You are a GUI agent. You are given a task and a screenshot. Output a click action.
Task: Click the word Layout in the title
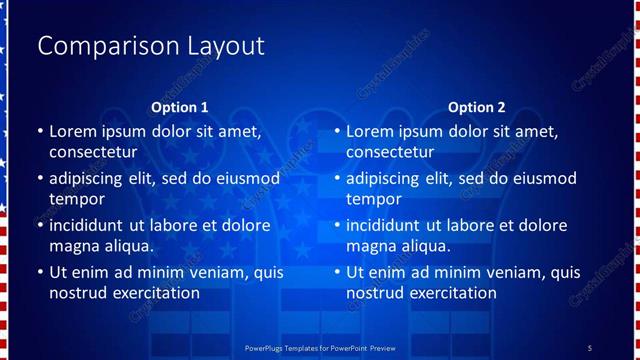click(225, 47)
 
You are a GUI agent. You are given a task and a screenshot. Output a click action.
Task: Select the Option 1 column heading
click(179, 107)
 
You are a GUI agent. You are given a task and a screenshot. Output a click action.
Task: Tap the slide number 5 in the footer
click(589, 347)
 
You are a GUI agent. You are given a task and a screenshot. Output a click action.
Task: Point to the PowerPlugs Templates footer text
click(320, 347)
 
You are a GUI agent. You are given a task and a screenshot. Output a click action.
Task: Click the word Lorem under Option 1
click(72, 131)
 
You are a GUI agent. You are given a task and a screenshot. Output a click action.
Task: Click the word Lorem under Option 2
click(369, 131)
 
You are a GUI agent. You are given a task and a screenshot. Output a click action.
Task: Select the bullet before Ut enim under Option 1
click(40, 272)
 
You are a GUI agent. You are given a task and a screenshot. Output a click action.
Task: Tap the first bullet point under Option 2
click(337, 131)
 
